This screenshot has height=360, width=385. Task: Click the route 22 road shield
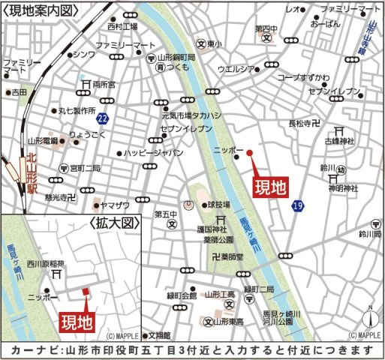pos(102,119)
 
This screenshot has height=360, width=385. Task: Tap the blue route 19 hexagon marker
pos(298,205)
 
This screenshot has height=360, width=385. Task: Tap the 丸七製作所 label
pos(78,109)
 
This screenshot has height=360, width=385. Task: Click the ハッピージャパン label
pos(154,152)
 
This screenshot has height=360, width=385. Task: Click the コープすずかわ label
pos(303,76)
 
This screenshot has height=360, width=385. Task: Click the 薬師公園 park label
pos(219,241)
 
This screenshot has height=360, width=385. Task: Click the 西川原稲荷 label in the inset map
pos(47,262)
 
